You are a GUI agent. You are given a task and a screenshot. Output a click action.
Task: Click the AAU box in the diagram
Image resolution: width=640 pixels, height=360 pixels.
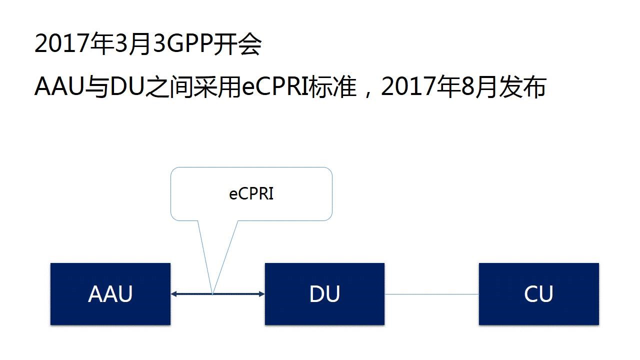(110, 294)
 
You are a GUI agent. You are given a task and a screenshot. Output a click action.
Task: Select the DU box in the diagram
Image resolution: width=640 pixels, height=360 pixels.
(324, 294)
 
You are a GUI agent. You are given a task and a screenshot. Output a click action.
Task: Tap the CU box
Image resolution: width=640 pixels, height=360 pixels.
(538, 294)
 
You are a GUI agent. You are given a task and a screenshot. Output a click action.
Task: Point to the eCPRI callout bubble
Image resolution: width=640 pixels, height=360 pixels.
(251, 194)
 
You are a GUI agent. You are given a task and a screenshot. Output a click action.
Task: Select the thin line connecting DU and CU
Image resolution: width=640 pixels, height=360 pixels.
(431, 294)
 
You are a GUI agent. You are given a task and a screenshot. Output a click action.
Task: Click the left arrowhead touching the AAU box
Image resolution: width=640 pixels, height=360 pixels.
(173, 294)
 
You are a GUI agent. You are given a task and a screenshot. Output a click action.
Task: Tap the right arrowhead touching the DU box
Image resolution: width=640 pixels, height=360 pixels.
(261, 294)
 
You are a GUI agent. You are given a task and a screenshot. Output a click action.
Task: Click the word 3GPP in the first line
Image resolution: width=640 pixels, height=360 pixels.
(182, 45)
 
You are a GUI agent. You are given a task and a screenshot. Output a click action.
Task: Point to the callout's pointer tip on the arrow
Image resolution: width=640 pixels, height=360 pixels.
(213, 293)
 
